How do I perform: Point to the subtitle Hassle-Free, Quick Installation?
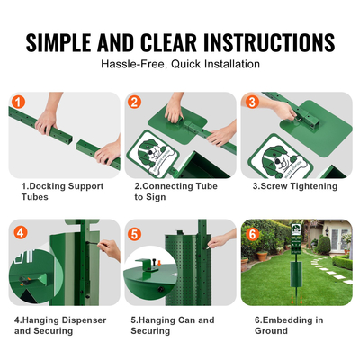(x=180, y=65)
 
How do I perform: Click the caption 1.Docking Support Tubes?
(x=63, y=191)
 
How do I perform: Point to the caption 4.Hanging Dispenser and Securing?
(x=59, y=325)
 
